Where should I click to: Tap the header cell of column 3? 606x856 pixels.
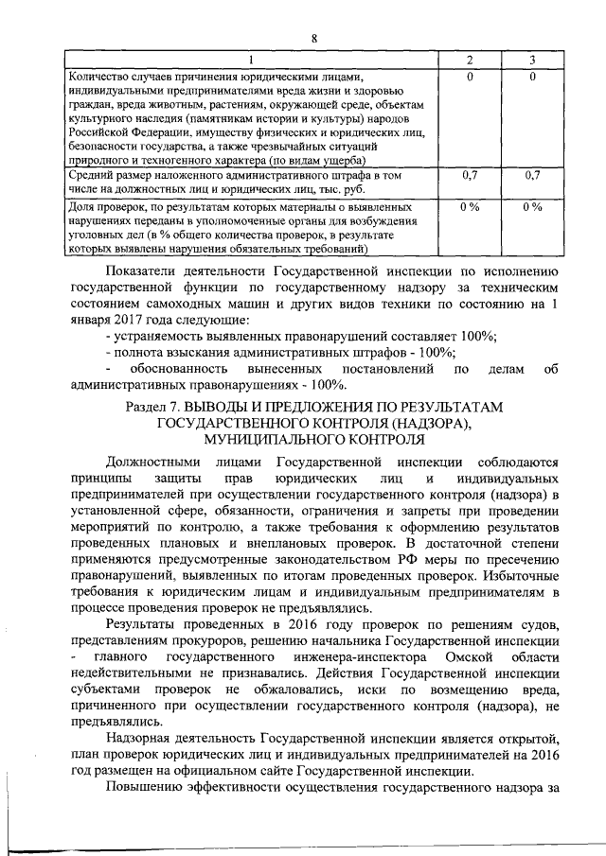[x=533, y=61]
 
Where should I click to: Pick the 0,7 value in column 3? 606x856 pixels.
[x=533, y=176]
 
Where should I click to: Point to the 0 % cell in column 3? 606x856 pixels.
[x=533, y=205]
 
